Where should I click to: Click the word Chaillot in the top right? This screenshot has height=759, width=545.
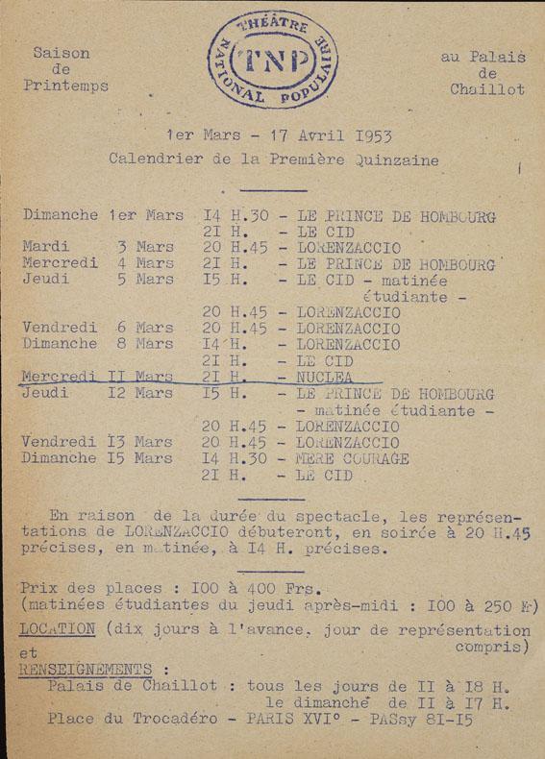(487, 90)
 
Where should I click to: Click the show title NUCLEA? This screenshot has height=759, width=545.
(325, 378)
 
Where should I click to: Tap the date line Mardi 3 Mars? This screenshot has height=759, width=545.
(98, 247)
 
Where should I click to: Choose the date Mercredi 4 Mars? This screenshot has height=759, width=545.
(98, 263)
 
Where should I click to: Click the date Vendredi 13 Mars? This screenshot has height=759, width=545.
(98, 442)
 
